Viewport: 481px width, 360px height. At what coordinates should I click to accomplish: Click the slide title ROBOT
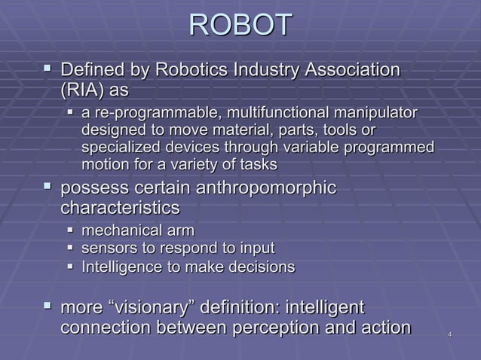click(240, 24)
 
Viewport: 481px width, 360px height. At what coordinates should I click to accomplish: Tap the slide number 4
click(449, 333)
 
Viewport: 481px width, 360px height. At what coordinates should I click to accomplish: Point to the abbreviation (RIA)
click(84, 91)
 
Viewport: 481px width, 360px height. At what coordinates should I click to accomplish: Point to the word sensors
click(106, 248)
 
